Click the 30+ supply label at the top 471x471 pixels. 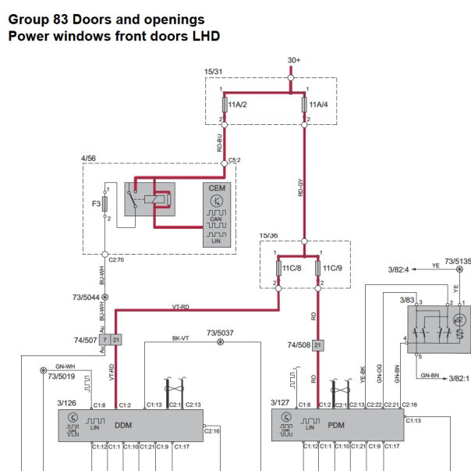coord(293,60)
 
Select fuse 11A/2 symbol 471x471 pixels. coord(225,104)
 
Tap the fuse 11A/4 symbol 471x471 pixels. coord(305,104)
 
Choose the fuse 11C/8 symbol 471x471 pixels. coord(278,268)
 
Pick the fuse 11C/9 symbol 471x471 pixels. coord(317,268)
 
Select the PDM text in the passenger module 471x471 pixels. coord(336,427)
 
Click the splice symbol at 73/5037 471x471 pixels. coord(221,342)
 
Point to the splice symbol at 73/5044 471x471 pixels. coord(105,298)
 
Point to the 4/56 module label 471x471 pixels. coord(90,159)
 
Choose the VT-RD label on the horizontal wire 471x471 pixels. coord(180,307)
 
